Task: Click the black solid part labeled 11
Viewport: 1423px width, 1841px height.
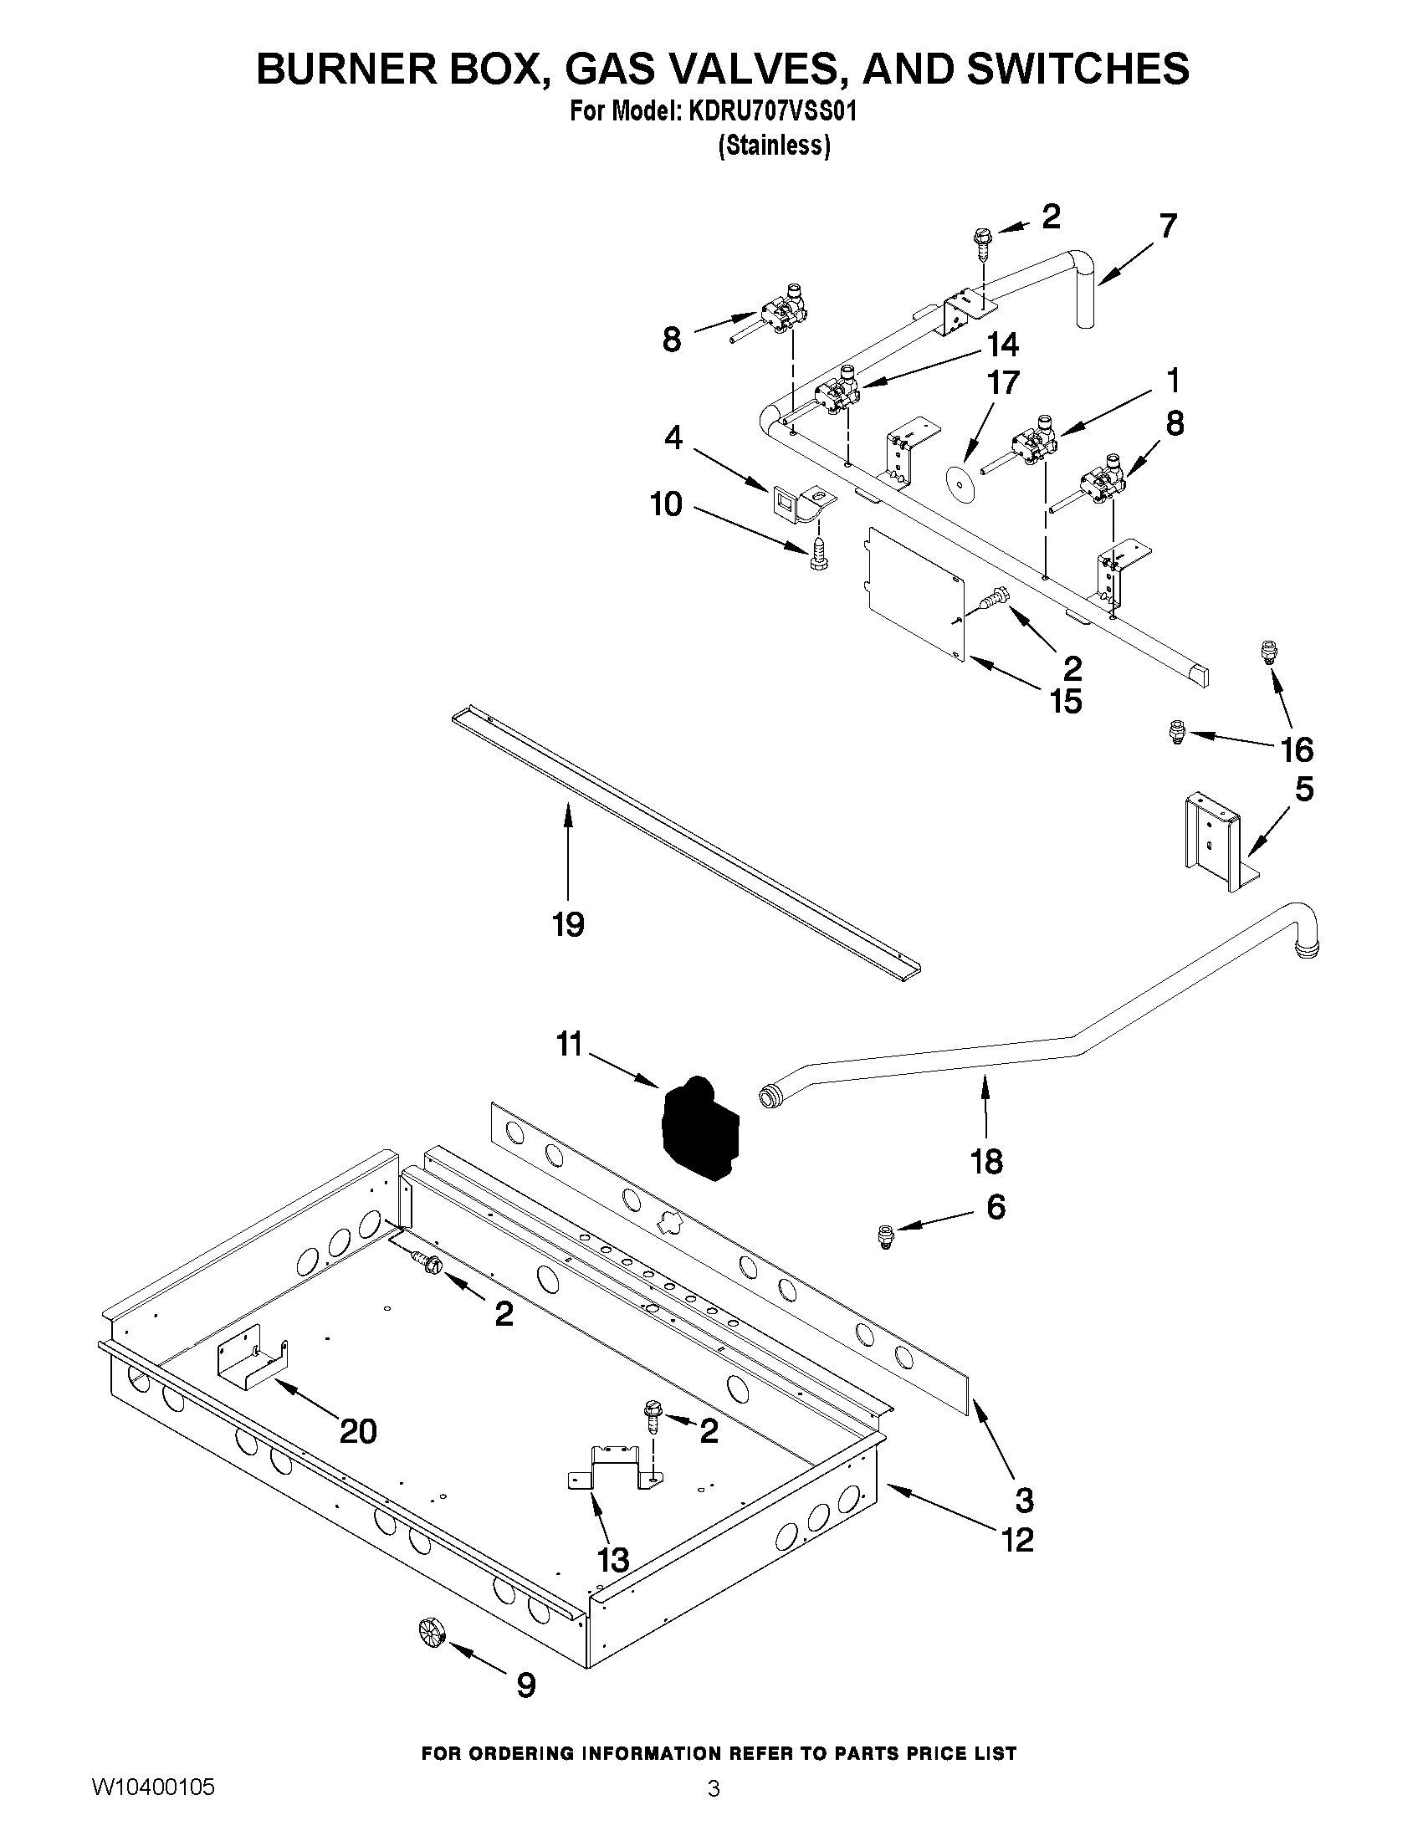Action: pyautogui.click(x=698, y=1128)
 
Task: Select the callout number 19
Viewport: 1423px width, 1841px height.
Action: pyautogui.click(x=568, y=925)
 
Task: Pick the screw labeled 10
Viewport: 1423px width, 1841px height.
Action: pyautogui.click(x=816, y=555)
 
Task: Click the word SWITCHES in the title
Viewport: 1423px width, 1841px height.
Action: pyautogui.click(x=1077, y=68)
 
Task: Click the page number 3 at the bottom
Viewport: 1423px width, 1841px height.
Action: pyautogui.click(x=714, y=1785)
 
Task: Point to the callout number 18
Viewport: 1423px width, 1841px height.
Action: pyautogui.click(x=986, y=1162)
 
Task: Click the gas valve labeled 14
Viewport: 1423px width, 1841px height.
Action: pyautogui.click(x=837, y=392)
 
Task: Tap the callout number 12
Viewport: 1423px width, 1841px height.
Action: pyautogui.click(x=1018, y=1540)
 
